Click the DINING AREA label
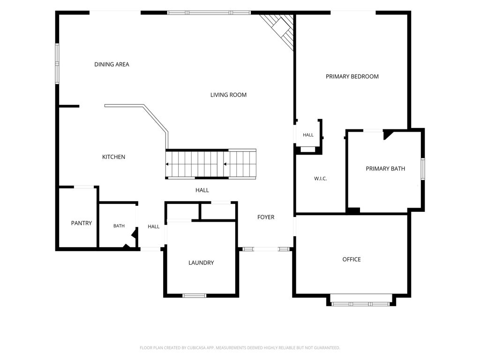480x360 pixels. tap(112, 64)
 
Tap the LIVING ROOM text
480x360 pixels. tap(228, 95)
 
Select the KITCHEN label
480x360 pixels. tap(113, 157)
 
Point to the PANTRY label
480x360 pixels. tap(82, 223)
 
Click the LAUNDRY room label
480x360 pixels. tap(201, 262)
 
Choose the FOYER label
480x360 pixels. tap(266, 217)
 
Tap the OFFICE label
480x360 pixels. tap(352, 259)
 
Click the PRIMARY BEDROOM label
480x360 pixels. tap(352, 76)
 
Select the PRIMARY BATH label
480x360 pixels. tap(385, 169)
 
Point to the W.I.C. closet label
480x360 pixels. tap(321, 179)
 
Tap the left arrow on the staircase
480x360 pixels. tap(167, 164)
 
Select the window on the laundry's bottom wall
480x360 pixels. tap(195, 295)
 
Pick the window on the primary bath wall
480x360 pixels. tap(423, 169)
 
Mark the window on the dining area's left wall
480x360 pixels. tap(57, 64)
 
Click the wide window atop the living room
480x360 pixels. tap(209, 13)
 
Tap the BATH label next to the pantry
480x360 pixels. tap(119, 226)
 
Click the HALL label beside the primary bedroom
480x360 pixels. tap(308, 135)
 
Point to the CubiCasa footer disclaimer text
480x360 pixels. tap(240, 348)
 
